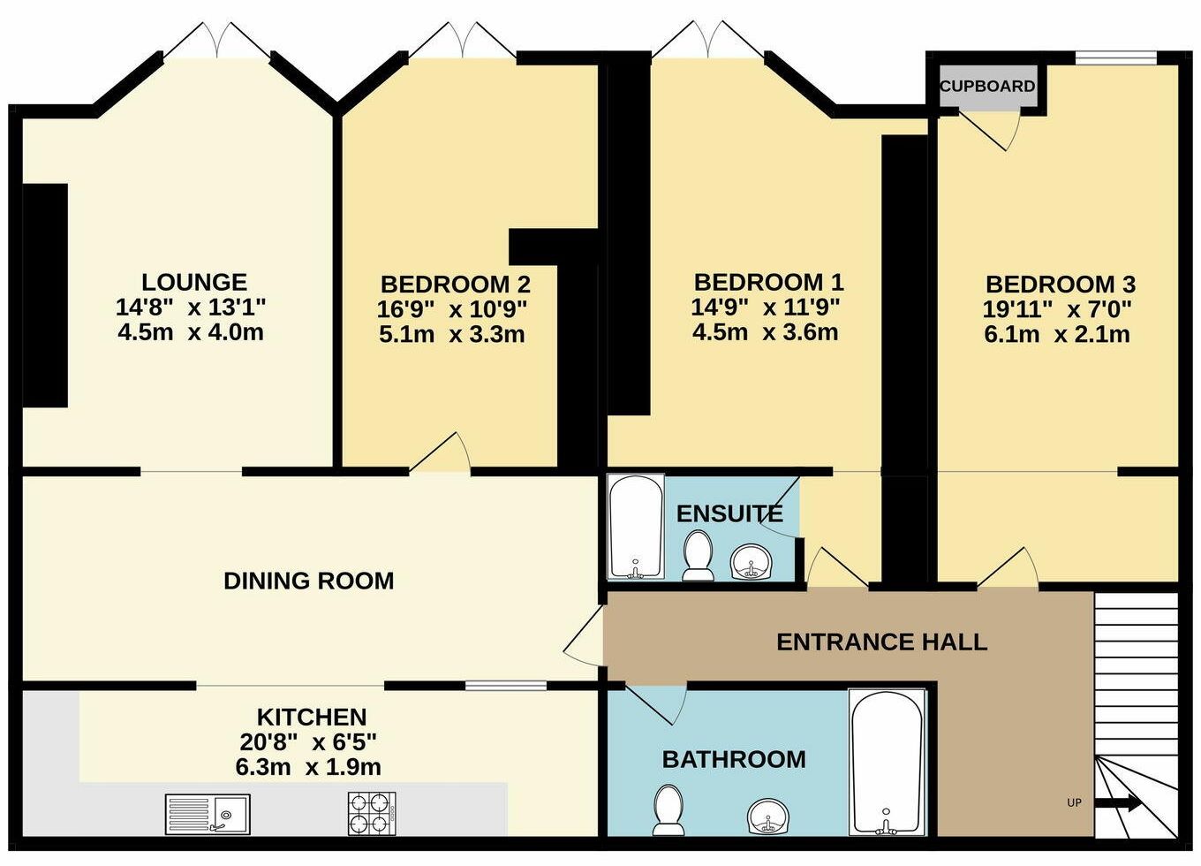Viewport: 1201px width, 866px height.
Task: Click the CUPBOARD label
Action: click(x=987, y=87)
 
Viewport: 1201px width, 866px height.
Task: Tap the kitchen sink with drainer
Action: click(x=208, y=815)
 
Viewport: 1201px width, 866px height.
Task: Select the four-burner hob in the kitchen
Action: click(x=372, y=814)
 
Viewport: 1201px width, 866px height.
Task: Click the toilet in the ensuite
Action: click(x=698, y=555)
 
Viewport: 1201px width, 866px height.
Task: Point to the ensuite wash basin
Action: click(x=752, y=561)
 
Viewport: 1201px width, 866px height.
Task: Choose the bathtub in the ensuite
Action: click(x=636, y=527)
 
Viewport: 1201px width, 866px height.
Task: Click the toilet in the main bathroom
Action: click(x=668, y=810)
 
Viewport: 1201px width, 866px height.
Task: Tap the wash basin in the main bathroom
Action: click(x=767, y=817)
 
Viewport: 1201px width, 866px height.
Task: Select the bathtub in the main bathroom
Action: click(x=887, y=763)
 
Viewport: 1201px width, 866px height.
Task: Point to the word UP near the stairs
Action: click(x=1074, y=818)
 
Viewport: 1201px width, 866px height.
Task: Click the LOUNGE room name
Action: click(x=194, y=282)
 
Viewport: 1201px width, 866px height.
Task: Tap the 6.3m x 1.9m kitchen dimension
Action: click(x=308, y=767)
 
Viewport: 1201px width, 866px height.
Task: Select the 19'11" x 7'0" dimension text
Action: click(x=1057, y=309)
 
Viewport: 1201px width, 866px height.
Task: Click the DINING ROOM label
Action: click(x=309, y=581)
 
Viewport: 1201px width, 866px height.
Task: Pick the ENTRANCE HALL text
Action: click(x=882, y=642)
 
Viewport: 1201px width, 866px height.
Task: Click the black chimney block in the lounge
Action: click(x=45, y=296)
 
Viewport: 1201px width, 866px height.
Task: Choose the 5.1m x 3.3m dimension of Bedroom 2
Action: click(x=451, y=334)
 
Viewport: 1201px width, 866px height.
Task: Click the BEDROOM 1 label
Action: click(x=769, y=282)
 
